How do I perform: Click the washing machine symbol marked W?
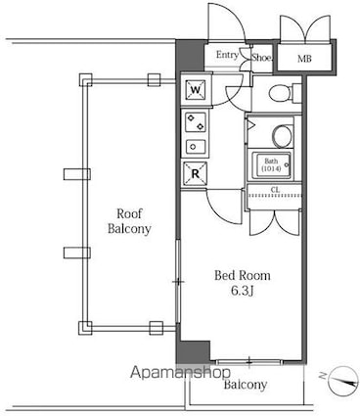(x=195, y=89)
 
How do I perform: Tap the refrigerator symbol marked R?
(x=195, y=173)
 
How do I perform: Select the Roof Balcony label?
(x=129, y=221)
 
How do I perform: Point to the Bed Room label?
(x=243, y=276)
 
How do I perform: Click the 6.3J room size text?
(x=243, y=291)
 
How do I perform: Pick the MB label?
(x=304, y=59)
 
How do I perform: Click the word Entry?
(x=227, y=55)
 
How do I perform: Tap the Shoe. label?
(x=261, y=58)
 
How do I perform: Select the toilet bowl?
(x=280, y=93)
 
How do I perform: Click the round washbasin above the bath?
(x=283, y=136)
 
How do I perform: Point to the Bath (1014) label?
(x=271, y=165)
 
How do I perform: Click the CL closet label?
(x=275, y=190)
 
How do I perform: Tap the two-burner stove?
(x=196, y=122)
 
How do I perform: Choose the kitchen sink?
(x=196, y=147)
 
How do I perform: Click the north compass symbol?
(x=343, y=381)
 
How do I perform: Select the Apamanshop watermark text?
(x=180, y=372)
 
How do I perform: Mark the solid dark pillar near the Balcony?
(x=193, y=352)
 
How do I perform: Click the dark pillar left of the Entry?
(x=190, y=55)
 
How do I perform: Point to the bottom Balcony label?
(x=246, y=385)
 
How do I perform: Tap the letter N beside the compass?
(x=323, y=376)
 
